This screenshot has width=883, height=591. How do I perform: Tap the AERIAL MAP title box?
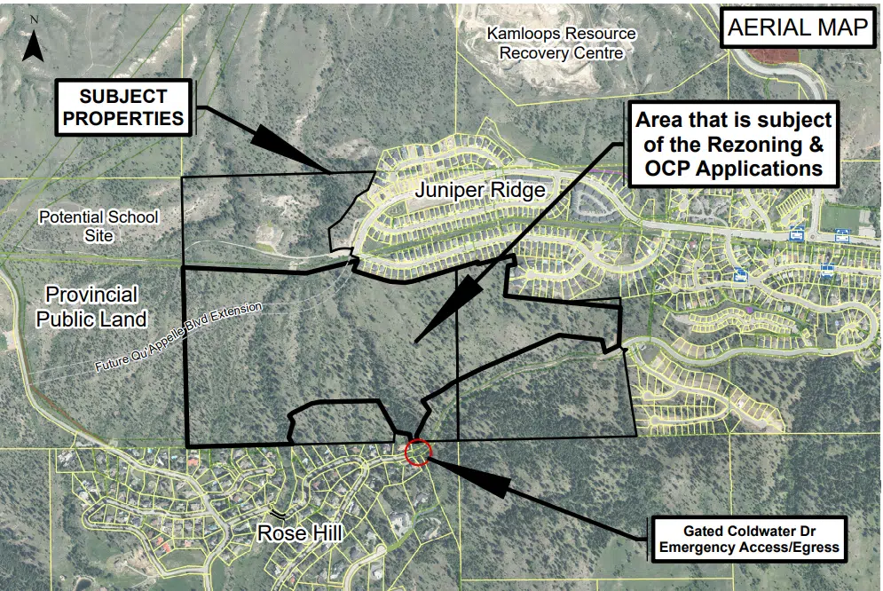[x=797, y=28]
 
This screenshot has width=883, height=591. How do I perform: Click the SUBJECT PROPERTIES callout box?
[x=124, y=106]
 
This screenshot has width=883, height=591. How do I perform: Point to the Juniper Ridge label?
[x=479, y=192]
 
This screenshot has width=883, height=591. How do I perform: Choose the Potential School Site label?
[x=98, y=226]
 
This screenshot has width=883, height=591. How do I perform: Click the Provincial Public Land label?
[x=91, y=306]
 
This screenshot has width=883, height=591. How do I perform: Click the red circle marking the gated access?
[x=417, y=452]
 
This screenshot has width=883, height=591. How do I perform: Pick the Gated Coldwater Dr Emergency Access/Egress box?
[x=748, y=539]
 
